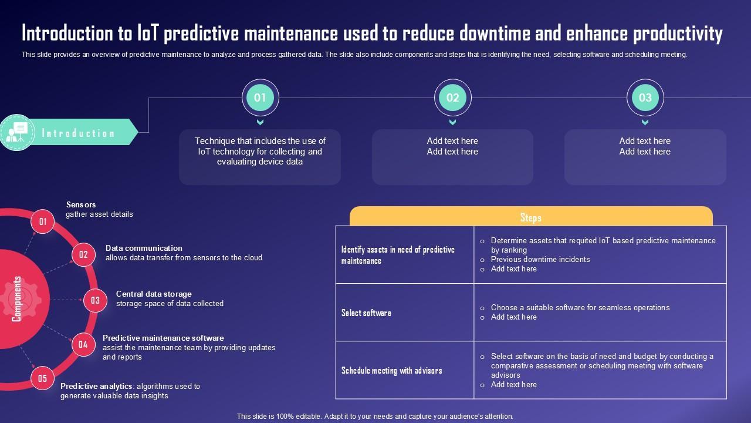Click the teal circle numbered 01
(260, 98)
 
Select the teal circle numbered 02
(452, 98)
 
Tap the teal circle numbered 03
(645, 98)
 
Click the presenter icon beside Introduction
(16, 133)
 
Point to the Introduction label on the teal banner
(78, 133)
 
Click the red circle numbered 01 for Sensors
(43, 221)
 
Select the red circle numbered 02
(83, 254)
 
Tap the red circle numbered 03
(95, 300)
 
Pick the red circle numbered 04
(83, 344)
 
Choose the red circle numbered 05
(42, 378)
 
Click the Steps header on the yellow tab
(530, 217)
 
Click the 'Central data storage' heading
(154, 294)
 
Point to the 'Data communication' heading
(144, 248)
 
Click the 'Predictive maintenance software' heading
(163, 338)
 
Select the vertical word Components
(17, 299)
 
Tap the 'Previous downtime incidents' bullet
(540, 259)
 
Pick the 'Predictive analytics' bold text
(96, 386)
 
